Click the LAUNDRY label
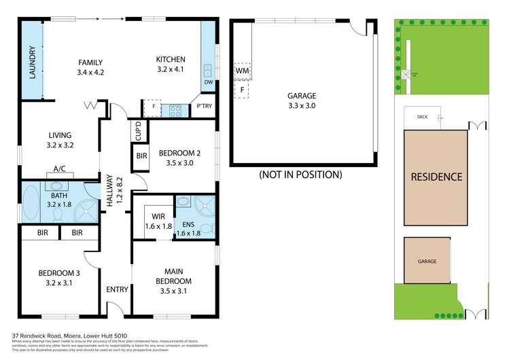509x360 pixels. point(31,62)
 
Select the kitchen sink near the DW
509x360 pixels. point(207,70)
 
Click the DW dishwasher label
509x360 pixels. point(207,83)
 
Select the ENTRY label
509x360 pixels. point(117,289)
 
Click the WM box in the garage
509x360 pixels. point(243,70)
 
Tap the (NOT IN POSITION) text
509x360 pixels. point(300,175)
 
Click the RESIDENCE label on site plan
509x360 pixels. point(436,177)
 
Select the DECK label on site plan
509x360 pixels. point(420,118)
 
